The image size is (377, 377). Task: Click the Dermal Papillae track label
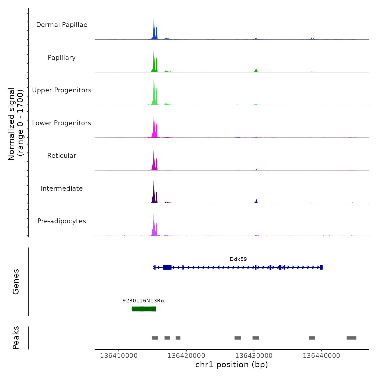tap(62, 25)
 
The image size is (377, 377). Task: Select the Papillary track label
tap(62, 58)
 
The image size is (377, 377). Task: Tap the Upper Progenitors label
tap(62, 90)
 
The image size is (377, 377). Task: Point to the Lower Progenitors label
tap(62, 123)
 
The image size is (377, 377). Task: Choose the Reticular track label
tap(62, 156)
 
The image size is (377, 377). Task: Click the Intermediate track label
tap(62, 188)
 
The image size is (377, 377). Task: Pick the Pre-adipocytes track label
tap(62, 221)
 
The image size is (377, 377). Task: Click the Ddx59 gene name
tap(238, 259)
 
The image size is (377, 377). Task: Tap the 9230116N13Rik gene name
tap(144, 301)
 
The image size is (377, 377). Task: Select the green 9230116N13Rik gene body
tap(144, 309)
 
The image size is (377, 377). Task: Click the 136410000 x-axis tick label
tap(119, 356)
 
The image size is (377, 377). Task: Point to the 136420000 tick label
tap(186, 356)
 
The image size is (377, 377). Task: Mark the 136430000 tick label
tap(254, 356)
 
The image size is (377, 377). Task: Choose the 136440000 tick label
tap(321, 356)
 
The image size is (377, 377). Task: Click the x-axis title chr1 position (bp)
tap(232, 365)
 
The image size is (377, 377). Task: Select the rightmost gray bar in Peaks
tap(351, 338)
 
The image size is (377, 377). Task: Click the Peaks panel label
tap(16, 338)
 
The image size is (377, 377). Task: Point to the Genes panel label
tap(16, 282)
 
